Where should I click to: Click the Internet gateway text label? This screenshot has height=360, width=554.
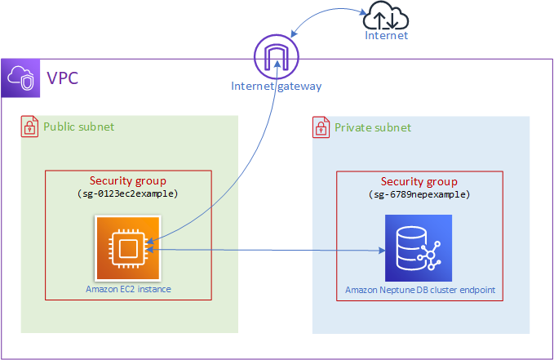coord(277,86)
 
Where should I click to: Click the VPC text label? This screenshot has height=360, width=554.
coord(62,79)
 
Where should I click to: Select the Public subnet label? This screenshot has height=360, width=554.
coord(78,127)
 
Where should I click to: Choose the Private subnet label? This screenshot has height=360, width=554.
coord(373,127)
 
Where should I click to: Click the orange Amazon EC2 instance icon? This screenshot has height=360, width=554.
coord(126,247)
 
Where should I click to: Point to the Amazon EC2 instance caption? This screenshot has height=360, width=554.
coord(128,289)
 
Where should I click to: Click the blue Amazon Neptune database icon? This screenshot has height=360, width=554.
coord(419,247)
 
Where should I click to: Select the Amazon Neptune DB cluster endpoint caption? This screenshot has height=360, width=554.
coord(419,290)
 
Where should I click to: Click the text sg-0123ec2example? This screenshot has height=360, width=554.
coord(127,194)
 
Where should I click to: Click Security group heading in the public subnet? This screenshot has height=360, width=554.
coord(127,181)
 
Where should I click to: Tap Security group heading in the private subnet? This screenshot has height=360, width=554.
coord(419,181)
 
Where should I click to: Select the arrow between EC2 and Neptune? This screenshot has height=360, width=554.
coord(269,251)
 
